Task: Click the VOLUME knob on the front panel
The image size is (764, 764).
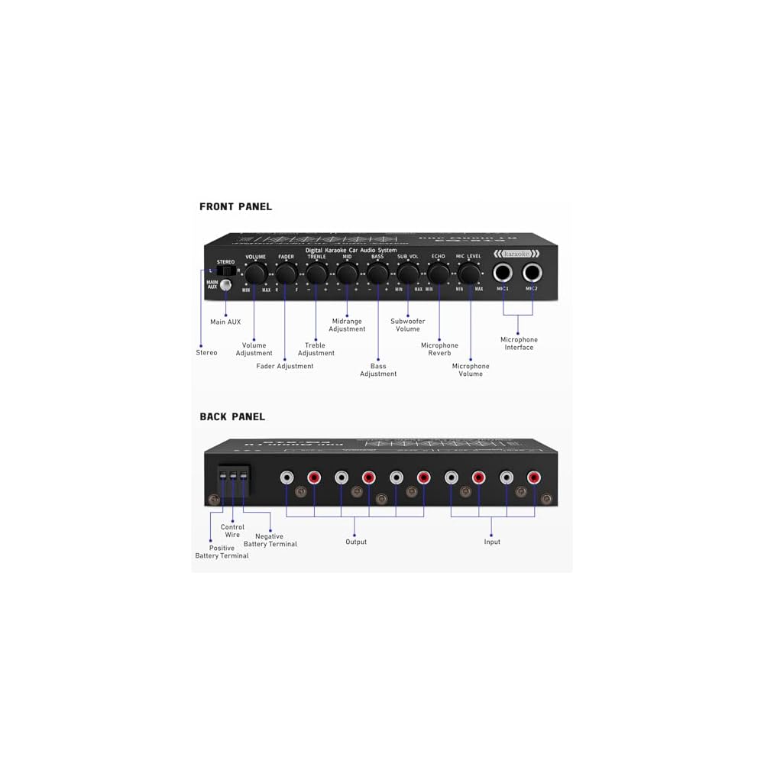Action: click(x=255, y=274)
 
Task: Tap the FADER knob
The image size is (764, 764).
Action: click(x=286, y=274)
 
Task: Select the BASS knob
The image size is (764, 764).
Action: click(x=377, y=274)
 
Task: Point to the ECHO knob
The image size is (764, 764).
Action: click(x=439, y=274)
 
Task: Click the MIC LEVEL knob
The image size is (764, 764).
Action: click(x=469, y=274)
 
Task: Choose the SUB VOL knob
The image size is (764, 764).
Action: click(x=408, y=274)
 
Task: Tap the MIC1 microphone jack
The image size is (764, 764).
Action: click(x=503, y=273)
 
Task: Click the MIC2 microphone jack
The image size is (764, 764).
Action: click(x=533, y=273)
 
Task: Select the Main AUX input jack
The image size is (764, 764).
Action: click(x=225, y=286)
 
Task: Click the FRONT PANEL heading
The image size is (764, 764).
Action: click(x=235, y=206)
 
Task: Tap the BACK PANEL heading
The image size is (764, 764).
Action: click(x=232, y=416)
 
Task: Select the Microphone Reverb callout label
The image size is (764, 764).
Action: click(x=440, y=349)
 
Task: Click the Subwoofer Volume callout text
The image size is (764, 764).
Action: click(x=408, y=325)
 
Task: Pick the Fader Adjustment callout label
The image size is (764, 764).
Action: click(x=285, y=366)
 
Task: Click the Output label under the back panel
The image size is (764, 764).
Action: click(x=356, y=542)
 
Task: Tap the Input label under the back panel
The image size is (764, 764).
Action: click(x=492, y=542)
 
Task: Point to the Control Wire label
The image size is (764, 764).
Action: click(x=232, y=530)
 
